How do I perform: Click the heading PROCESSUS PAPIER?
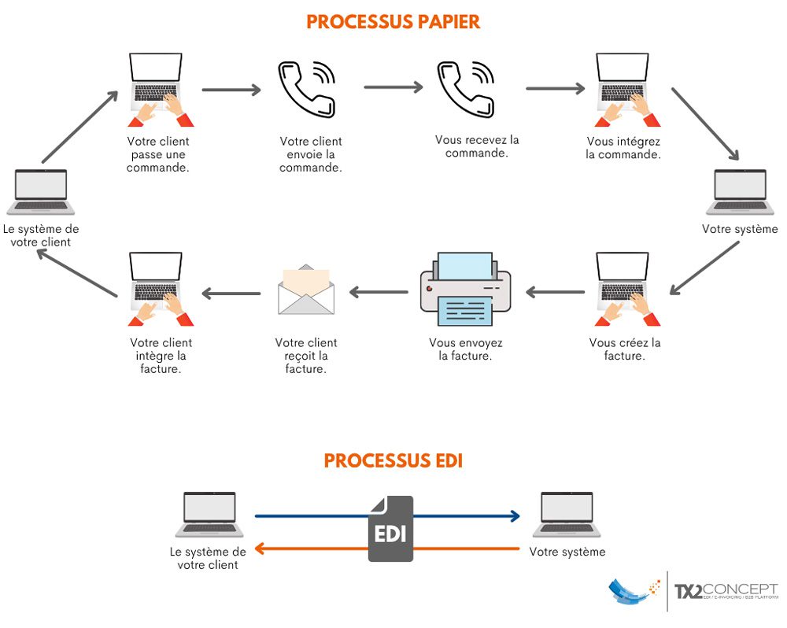point(393,21)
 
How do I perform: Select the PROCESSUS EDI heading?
point(393,460)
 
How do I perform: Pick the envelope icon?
point(306,290)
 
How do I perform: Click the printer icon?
point(465,289)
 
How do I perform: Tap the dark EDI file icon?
point(390,529)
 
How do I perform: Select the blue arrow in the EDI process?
point(464,516)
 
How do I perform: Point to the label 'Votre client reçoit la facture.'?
point(306,356)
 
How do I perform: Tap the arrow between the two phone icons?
point(393,87)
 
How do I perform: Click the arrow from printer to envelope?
point(379,293)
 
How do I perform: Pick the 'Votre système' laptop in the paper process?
point(740,191)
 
